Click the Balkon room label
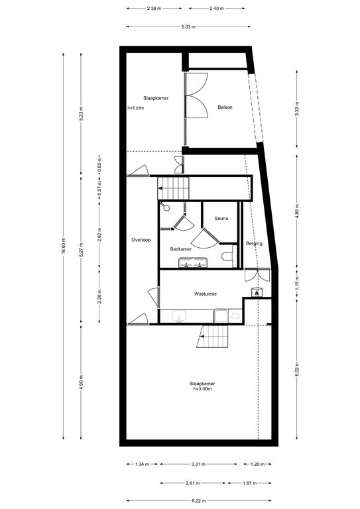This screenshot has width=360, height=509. (x=225, y=107)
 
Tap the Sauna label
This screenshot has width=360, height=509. (x=221, y=219)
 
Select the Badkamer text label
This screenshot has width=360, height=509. (x=181, y=249)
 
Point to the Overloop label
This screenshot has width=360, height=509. (x=141, y=240)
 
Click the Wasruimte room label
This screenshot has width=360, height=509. (x=206, y=294)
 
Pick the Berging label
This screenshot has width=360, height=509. (x=254, y=243)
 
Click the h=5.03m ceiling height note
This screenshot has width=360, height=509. (x=136, y=108)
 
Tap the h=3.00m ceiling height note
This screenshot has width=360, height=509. (x=202, y=388)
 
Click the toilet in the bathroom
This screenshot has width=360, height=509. (x=227, y=256)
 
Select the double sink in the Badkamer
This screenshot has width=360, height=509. (x=193, y=262)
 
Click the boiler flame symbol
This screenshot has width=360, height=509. (x=257, y=292)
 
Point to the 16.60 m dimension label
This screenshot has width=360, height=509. (x=64, y=247)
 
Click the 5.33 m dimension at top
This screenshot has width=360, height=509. (x=188, y=27)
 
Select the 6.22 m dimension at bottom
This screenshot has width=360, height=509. (x=199, y=501)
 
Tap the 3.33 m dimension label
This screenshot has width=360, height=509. (x=298, y=109)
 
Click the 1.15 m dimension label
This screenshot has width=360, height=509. (x=298, y=283)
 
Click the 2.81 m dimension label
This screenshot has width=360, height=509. (x=193, y=483)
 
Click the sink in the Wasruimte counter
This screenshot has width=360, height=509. (x=179, y=316)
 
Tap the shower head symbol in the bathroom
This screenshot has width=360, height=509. (x=166, y=207)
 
